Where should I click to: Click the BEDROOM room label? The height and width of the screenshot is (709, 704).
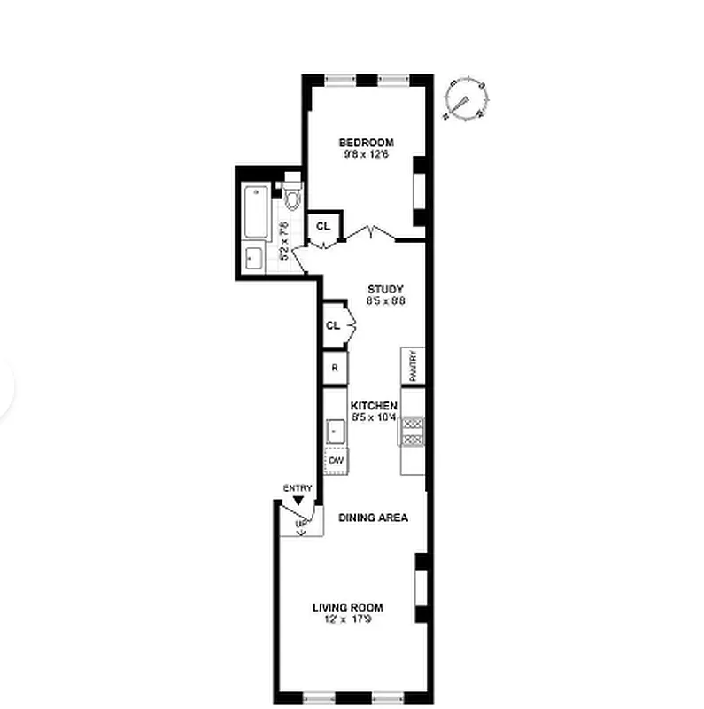(366, 143)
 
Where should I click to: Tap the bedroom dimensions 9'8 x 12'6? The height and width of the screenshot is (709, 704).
(366, 154)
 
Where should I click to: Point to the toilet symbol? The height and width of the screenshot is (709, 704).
(292, 196)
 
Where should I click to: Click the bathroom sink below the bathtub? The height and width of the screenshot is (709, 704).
(254, 258)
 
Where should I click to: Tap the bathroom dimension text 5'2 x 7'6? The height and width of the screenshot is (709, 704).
(284, 239)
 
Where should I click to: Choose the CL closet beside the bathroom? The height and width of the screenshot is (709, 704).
(322, 225)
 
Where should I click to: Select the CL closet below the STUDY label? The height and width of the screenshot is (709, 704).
(333, 325)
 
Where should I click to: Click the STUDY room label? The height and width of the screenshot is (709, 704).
(386, 289)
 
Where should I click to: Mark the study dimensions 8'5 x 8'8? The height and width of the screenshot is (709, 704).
(386, 300)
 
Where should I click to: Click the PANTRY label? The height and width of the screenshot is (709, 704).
(413, 365)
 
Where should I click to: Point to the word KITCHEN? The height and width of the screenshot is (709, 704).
(374, 405)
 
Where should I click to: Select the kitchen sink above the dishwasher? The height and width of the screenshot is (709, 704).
(336, 432)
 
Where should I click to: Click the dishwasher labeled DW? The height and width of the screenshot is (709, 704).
(336, 461)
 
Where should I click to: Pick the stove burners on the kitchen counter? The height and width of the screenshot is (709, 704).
(413, 431)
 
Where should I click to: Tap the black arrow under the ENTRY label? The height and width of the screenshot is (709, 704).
(298, 501)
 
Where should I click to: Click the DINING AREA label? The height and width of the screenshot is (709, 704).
(373, 518)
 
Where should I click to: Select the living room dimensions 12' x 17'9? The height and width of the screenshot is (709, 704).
(347, 619)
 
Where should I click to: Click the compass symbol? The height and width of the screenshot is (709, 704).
(465, 98)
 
